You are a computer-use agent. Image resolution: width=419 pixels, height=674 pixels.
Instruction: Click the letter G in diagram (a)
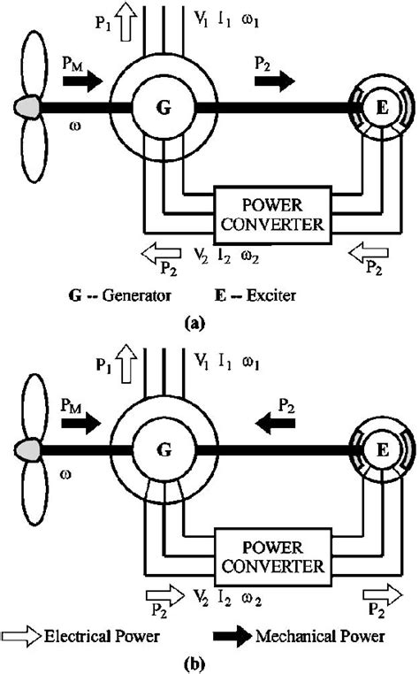pos(164,108)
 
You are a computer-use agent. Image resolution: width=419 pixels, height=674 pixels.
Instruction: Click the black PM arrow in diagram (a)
pos(82,83)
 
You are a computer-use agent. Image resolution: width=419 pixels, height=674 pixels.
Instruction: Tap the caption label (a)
pos(195,324)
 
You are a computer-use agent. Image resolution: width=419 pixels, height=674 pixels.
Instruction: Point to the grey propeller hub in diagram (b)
pos(27,450)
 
